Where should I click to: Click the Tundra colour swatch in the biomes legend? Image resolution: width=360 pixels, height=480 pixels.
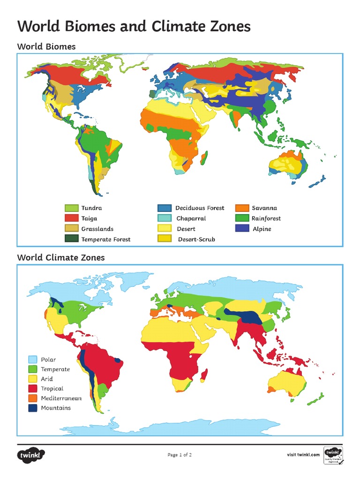click(71, 208)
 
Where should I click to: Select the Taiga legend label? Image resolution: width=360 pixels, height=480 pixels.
click(89, 218)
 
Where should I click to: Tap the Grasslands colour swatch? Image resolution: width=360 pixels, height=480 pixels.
click(71, 229)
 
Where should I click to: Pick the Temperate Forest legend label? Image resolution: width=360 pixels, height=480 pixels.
click(105, 239)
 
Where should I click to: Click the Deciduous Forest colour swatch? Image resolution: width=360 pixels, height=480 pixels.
click(164, 208)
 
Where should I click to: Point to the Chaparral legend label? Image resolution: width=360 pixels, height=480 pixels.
click(191, 218)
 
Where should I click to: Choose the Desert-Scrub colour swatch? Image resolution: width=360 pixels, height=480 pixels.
click(164, 239)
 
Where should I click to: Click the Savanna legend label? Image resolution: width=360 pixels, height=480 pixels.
click(264, 208)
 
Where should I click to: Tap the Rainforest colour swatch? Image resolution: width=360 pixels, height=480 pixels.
click(242, 218)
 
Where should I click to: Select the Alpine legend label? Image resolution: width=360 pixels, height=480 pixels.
click(262, 229)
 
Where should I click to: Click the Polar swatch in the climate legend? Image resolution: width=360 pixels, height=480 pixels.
click(32, 360)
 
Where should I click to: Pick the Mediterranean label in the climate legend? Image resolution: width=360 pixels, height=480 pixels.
click(61, 398)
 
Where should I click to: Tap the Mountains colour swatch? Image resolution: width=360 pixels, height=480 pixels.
click(32, 408)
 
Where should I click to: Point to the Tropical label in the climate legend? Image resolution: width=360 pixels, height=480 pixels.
click(52, 389)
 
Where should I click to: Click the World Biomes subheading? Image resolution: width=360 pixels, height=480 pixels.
click(46, 46)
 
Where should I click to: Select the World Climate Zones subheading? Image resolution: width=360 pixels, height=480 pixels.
click(61, 257)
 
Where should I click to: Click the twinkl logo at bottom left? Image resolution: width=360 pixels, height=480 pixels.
click(31, 455)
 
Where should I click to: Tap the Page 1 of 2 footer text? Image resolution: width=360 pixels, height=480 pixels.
click(180, 455)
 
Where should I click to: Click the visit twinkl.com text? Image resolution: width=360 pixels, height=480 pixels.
click(303, 455)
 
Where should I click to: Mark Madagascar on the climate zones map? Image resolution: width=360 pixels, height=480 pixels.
click(204, 375)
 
